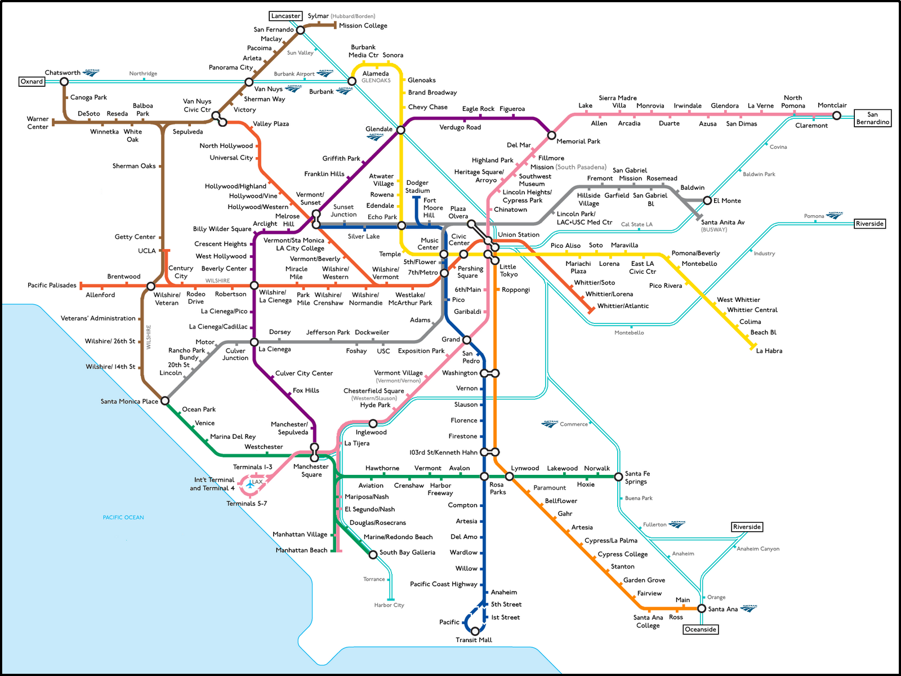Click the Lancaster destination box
pyautogui.click(x=286, y=16)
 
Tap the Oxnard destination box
pyautogui.click(x=32, y=82)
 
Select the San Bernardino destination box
pyautogui.click(x=872, y=118)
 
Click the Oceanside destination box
pyautogui.click(x=701, y=629)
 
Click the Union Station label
pyautogui.click(x=519, y=234)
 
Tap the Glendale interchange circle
pyautogui.click(x=401, y=130)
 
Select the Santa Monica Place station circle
pyautogui.click(x=165, y=401)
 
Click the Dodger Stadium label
pyautogui.click(x=417, y=186)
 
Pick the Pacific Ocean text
pyautogui.click(x=123, y=517)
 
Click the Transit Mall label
pyautogui.click(x=474, y=640)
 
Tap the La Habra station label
pyautogui.click(x=769, y=351)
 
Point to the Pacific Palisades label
pyautogui.click(x=52, y=285)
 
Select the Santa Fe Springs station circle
pyautogui.click(x=618, y=477)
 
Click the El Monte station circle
pyautogui.click(x=707, y=201)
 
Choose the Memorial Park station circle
pyautogui.click(x=552, y=135)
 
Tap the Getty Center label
pyautogui.click(x=135, y=237)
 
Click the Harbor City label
pyautogui.click(x=389, y=605)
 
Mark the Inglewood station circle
pyautogui.click(x=373, y=423)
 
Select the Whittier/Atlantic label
pyautogui.click(x=623, y=306)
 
